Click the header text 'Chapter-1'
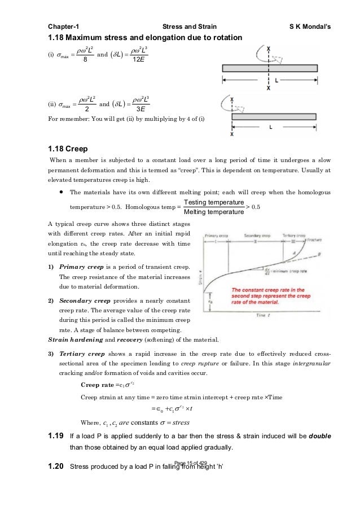click(x=63, y=26)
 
